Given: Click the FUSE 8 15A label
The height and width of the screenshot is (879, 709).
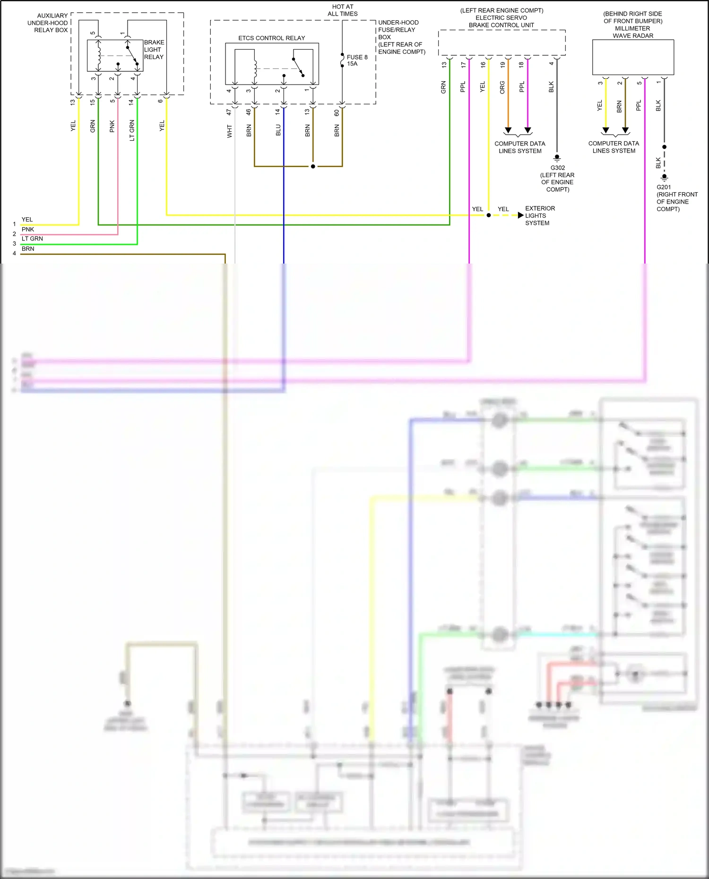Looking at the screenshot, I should (356, 60).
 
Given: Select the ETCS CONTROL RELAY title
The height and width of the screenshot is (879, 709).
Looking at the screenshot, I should (271, 38).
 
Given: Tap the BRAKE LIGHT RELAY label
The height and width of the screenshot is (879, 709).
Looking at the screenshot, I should (154, 50).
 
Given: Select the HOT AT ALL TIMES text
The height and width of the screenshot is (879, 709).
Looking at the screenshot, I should (342, 10).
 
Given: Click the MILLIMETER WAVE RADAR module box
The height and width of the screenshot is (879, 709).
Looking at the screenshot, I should (633, 57).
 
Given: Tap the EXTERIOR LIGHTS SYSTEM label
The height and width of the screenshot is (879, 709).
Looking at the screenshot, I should (540, 215).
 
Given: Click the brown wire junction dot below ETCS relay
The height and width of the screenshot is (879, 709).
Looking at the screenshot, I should (313, 166).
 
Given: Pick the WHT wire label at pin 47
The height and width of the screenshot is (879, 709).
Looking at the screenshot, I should (230, 131).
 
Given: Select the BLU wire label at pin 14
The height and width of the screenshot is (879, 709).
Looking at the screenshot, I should (278, 130).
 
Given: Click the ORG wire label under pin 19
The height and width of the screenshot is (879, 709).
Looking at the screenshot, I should (502, 87).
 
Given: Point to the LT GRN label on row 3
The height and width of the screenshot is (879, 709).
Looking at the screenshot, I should (32, 239).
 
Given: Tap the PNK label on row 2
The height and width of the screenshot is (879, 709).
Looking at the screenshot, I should (28, 229).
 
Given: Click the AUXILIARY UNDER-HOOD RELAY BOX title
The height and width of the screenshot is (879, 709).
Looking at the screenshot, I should (48, 23).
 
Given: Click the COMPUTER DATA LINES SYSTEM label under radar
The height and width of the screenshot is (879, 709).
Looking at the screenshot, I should (614, 147).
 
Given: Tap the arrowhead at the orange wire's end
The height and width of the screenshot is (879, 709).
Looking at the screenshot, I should (508, 130).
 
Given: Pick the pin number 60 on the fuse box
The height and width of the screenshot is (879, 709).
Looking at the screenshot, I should (337, 113).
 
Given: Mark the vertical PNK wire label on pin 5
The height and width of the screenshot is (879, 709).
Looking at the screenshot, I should (112, 126).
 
